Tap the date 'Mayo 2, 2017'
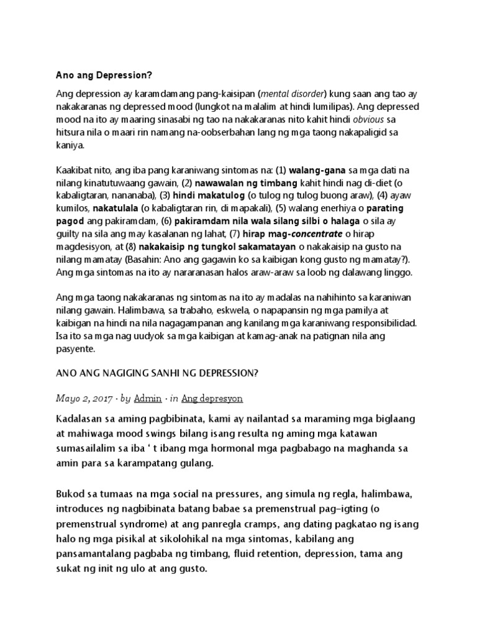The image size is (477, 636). click(x=83, y=398)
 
